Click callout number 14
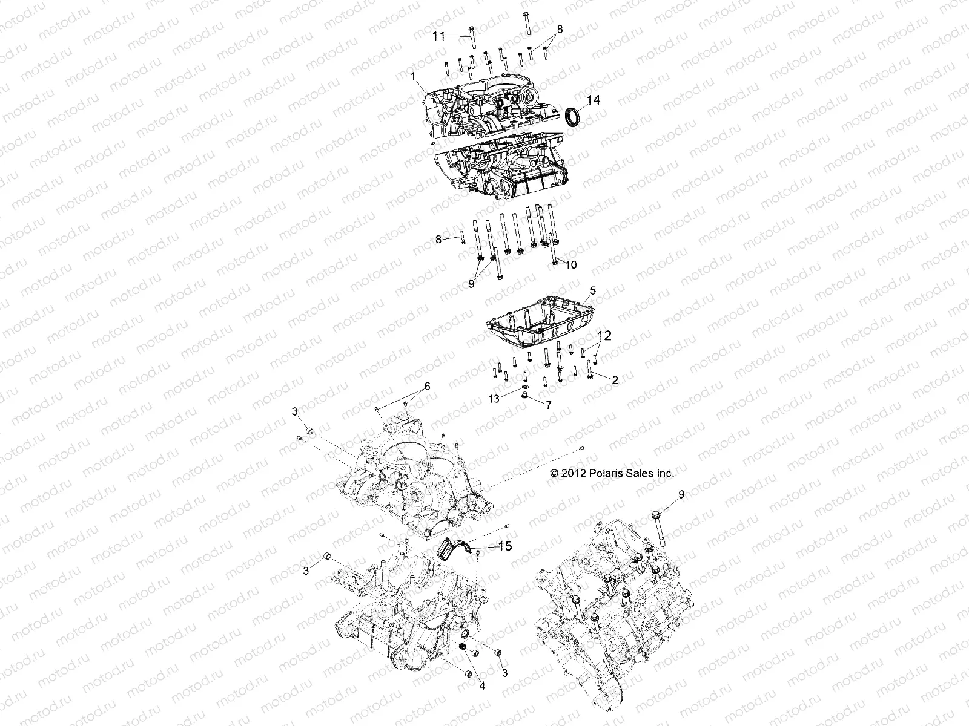[594, 100]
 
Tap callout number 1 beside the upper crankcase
[414, 77]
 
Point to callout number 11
[438, 36]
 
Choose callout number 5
[593, 290]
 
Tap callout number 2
[615, 380]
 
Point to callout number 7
[549, 405]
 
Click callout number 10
[571, 264]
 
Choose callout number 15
[504, 546]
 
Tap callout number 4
[482, 686]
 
